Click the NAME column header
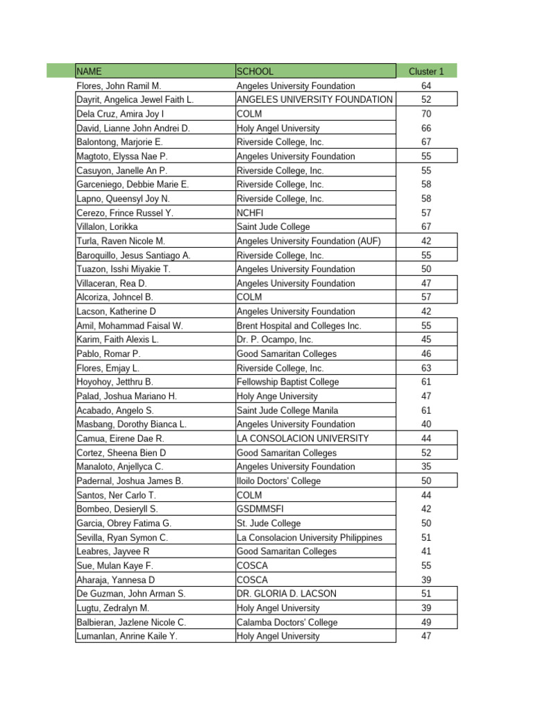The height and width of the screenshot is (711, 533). pyautogui.click(x=93, y=71)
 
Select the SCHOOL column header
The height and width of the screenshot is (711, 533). pyautogui.click(x=255, y=71)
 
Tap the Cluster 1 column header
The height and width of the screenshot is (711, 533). pyautogui.click(x=426, y=71)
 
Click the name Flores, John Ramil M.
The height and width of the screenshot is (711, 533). pyautogui.click(x=119, y=85)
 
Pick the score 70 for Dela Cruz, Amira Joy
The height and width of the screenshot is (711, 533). pyautogui.click(x=426, y=114)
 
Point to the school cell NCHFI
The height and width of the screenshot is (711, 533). pyautogui.click(x=250, y=212)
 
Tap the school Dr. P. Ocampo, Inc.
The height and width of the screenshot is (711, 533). pyautogui.click(x=275, y=340)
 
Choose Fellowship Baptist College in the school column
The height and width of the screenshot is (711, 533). pyautogui.click(x=288, y=382)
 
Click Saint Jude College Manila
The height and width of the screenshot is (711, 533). pyautogui.click(x=287, y=410)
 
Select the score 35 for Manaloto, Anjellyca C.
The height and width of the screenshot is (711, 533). pyautogui.click(x=426, y=467)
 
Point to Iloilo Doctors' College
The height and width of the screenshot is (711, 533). pyautogui.click(x=279, y=480)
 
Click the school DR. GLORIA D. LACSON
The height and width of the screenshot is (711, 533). pyautogui.click(x=287, y=594)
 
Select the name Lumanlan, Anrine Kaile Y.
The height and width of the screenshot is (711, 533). pyautogui.click(x=127, y=636)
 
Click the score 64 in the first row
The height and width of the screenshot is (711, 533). pyautogui.click(x=426, y=85)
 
